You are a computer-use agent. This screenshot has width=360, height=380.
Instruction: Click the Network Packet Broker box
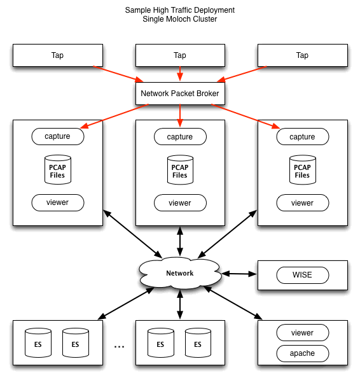[x=180, y=94]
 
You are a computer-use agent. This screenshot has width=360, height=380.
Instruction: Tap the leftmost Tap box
[x=58, y=55]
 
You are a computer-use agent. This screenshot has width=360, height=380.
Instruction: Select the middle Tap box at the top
[x=180, y=55]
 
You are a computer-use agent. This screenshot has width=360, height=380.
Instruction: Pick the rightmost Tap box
[x=302, y=55]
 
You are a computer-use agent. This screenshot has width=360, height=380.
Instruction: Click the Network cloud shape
[x=180, y=273]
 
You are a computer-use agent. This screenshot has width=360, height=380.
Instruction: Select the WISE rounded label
[x=302, y=276]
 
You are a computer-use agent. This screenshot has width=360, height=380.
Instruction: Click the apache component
[x=302, y=353]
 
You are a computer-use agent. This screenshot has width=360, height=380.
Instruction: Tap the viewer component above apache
[x=302, y=332]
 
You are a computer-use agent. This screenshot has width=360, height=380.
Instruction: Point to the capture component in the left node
[x=58, y=136]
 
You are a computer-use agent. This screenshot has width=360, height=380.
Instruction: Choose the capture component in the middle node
[x=180, y=136]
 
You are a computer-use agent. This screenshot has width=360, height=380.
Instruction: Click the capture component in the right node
[x=302, y=136]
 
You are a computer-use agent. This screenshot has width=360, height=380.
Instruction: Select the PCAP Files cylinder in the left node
[x=58, y=170]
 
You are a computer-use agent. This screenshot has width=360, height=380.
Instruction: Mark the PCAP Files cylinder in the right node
[x=302, y=170]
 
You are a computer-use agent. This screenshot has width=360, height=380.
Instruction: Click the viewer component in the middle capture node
[x=180, y=203]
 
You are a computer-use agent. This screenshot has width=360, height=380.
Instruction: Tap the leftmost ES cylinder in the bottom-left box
[x=38, y=344]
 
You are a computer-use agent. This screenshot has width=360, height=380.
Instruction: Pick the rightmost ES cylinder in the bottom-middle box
[x=197, y=344]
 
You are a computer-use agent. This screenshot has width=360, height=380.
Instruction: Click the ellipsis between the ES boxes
[x=119, y=346]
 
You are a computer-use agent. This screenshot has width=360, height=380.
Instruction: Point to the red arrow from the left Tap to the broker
[x=118, y=73]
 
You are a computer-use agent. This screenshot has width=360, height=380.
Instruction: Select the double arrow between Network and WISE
[x=239, y=274]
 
